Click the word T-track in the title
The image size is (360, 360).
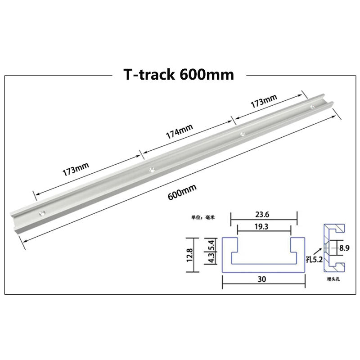pos(148,74)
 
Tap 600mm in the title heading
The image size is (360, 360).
pos(207,74)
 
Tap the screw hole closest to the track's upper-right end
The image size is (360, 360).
pos(312,107)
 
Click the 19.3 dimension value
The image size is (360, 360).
pos(264,227)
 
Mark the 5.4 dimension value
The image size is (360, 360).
pos(209,245)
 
